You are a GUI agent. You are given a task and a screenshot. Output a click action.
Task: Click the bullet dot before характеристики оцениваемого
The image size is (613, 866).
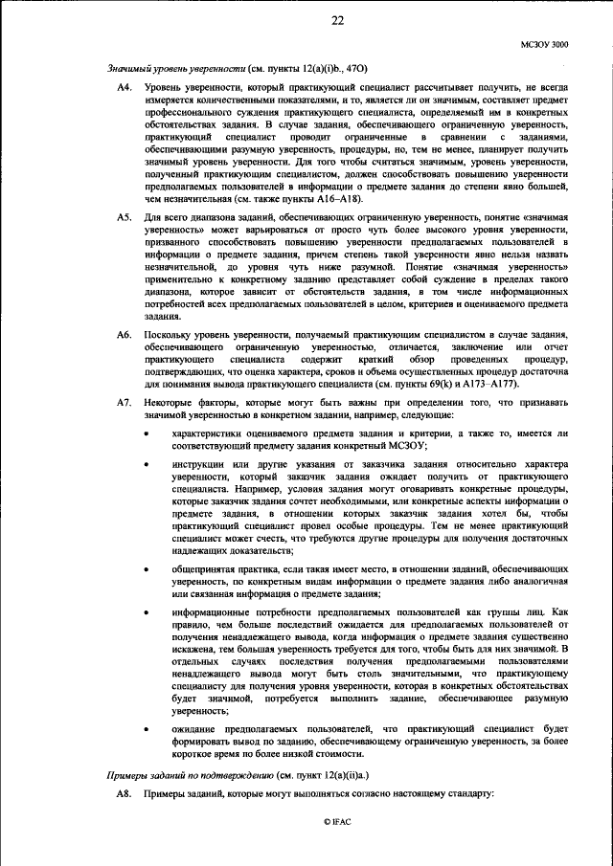[x=146, y=434]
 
